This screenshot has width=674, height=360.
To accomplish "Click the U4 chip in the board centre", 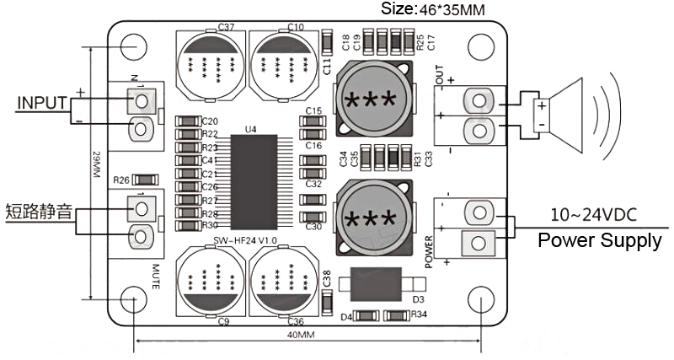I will pos(249,175).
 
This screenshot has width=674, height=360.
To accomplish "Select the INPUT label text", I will pos(42,103).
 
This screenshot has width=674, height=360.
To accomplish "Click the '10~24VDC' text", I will pos(594,212).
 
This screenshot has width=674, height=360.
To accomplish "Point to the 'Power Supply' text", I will pos(600,242).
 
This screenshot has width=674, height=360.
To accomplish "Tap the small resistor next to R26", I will pos(145,180).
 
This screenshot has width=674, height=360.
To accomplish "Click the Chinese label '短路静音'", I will pos(38,211).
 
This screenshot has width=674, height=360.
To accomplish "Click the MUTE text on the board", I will pos(157,276).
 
